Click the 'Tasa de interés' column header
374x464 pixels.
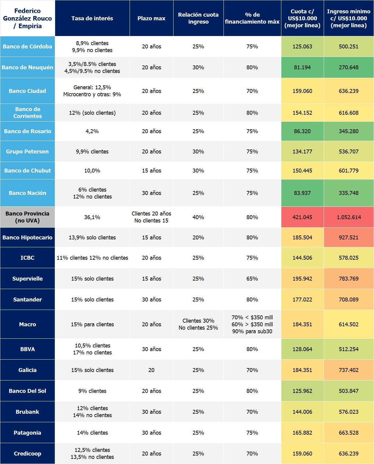click(92, 18)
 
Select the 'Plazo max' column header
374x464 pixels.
click(151, 18)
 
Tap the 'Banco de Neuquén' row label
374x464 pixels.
click(27, 67)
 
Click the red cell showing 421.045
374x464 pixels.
click(302, 217)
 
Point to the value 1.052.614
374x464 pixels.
click(349, 217)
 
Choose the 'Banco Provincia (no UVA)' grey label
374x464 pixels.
click(27, 217)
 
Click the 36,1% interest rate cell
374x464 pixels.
click(92, 217)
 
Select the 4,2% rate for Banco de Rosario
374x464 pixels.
click(92, 131)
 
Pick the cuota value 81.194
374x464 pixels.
click(302, 67)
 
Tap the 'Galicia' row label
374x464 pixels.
click(27, 370)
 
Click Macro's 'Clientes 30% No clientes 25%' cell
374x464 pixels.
click(198, 324)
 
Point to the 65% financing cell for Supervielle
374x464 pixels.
click(252, 279)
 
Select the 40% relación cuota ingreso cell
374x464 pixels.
click(198, 217)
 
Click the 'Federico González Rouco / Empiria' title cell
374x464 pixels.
click(27, 18)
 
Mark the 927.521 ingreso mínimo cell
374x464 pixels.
click(349, 238)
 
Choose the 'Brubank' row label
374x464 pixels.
click(27, 412)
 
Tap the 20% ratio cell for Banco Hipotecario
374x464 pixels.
click(198, 238)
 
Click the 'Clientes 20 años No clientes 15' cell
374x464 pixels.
click(151, 217)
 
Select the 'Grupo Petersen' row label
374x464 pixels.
click(27, 152)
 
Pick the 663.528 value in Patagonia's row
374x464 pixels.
click(349, 433)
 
